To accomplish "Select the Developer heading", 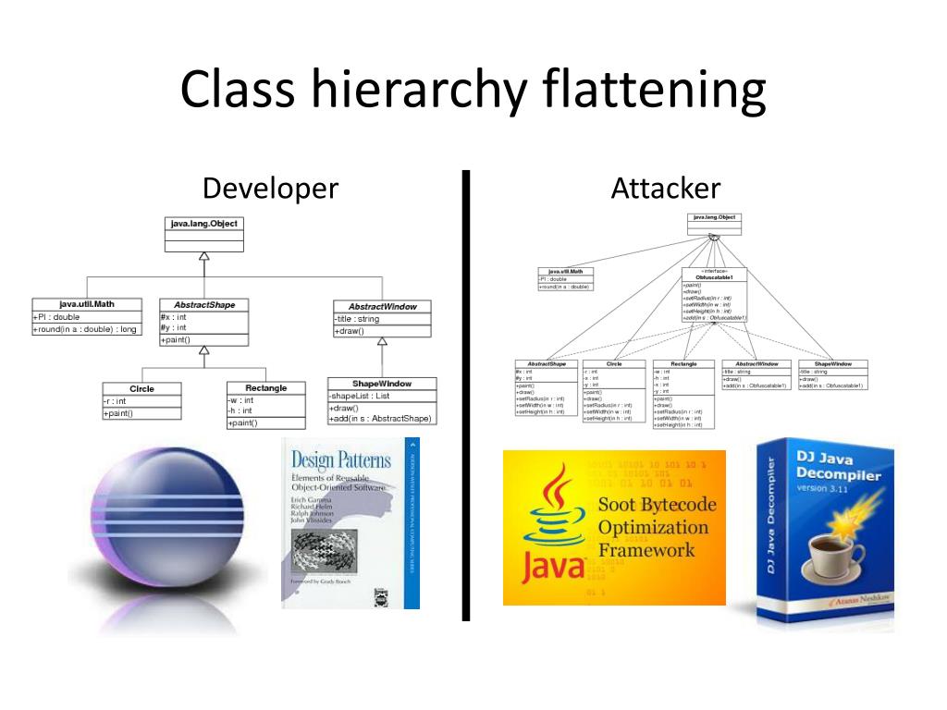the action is click(x=270, y=189).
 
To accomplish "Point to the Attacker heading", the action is click(x=665, y=189).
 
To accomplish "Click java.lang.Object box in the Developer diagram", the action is click(x=203, y=224).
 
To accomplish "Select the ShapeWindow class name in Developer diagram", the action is click(x=381, y=383).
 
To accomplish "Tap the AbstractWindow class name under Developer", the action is click(x=382, y=306).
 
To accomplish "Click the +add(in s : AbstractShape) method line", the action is click(x=380, y=419).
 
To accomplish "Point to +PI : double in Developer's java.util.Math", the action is click(x=57, y=316).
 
